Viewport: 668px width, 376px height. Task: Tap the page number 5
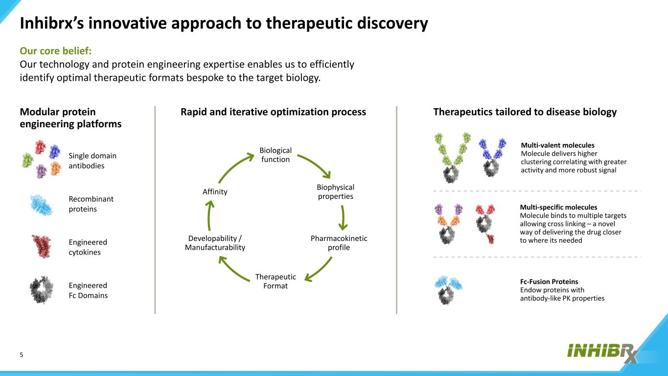pos(22,355)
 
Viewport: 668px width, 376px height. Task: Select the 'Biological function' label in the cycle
pos(275,155)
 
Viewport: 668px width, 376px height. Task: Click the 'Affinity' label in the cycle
pos(215,192)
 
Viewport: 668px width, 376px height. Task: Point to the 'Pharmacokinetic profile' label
pos(339,243)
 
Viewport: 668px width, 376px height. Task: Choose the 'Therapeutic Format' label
pos(276,281)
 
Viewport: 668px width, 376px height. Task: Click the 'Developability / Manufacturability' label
pos(215,243)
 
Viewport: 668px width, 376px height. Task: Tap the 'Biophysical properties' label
pos(335,192)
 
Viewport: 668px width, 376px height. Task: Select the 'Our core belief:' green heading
pos(56,51)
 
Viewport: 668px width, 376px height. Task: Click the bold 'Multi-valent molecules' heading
pos(557,145)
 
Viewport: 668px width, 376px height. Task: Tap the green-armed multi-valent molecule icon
pos(453,157)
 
